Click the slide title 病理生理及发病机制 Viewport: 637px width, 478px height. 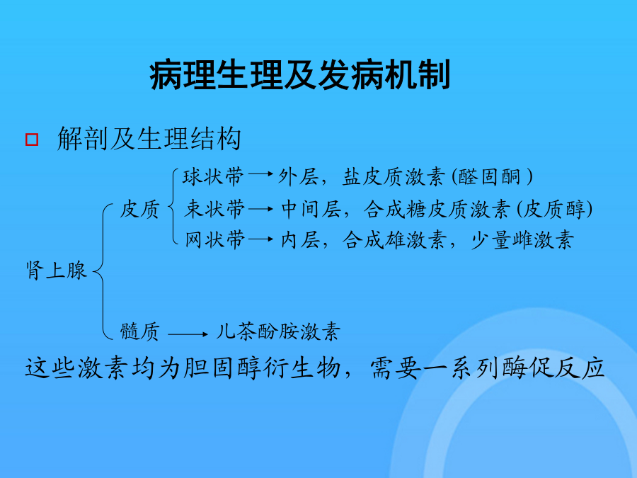[x=300, y=75]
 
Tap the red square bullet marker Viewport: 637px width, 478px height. [x=32, y=140]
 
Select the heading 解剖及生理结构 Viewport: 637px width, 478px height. [x=149, y=138]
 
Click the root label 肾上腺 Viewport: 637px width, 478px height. [x=56, y=270]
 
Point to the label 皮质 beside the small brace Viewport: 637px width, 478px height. [x=139, y=210]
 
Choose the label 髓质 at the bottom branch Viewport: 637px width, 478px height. [x=139, y=331]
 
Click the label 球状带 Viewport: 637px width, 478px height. [x=213, y=177]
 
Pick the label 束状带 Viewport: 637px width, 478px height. [x=214, y=209]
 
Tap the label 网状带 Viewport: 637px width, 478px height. [x=214, y=239]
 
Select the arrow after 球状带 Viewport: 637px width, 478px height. [x=260, y=174]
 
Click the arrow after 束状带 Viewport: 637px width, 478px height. [x=260, y=209]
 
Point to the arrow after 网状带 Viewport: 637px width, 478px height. [x=260, y=239]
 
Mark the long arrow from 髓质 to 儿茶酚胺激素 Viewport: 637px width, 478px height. [x=188, y=334]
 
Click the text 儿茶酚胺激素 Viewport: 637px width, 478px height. [x=278, y=331]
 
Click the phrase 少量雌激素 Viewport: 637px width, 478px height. [x=522, y=240]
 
